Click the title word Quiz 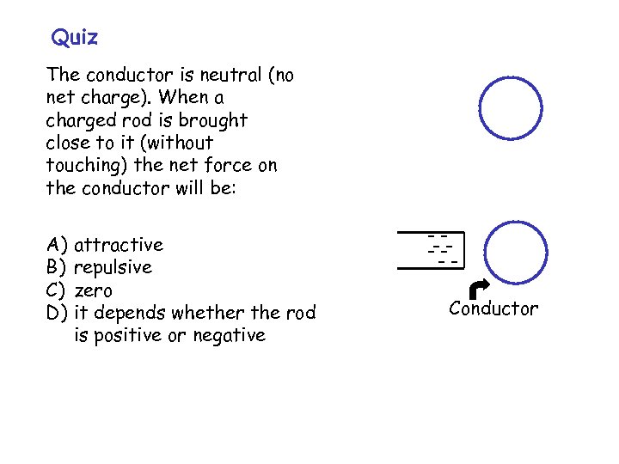[x=75, y=38]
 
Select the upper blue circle [x=511, y=108]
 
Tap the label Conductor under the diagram [x=493, y=309]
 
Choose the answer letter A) [x=58, y=246]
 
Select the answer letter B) [x=58, y=268]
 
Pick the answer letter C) [x=58, y=290]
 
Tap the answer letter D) [x=58, y=313]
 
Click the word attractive [x=119, y=246]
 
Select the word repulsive [x=113, y=268]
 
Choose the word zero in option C [x=94, y=290]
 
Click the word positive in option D [x=127, y=335]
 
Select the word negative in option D [x=226, y=335]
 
